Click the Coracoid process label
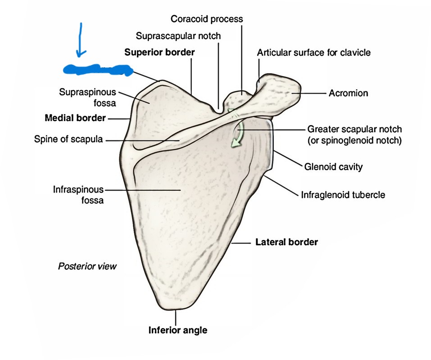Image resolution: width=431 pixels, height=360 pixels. click(x=207, y=19)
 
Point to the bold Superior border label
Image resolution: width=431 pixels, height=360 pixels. click(x=159, y=52)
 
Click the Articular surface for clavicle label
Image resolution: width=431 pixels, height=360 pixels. click(x=313, y=53)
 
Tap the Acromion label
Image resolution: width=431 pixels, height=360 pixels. click(x=348, y=93)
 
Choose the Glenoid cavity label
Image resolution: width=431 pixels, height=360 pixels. click(x=333, y=167)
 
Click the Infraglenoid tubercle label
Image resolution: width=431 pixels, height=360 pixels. click(x=343, y=195)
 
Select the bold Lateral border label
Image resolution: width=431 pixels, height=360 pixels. click(x=287, y=242)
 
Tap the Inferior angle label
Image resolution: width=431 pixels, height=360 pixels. click(x=178, y=330)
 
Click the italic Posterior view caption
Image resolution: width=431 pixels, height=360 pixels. click(x=87, y=266)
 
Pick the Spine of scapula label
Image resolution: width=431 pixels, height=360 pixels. click(x=68, y=139)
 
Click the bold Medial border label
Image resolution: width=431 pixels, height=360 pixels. click(x=75, y=118)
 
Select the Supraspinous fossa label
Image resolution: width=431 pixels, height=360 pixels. click(x=87, y=97)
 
